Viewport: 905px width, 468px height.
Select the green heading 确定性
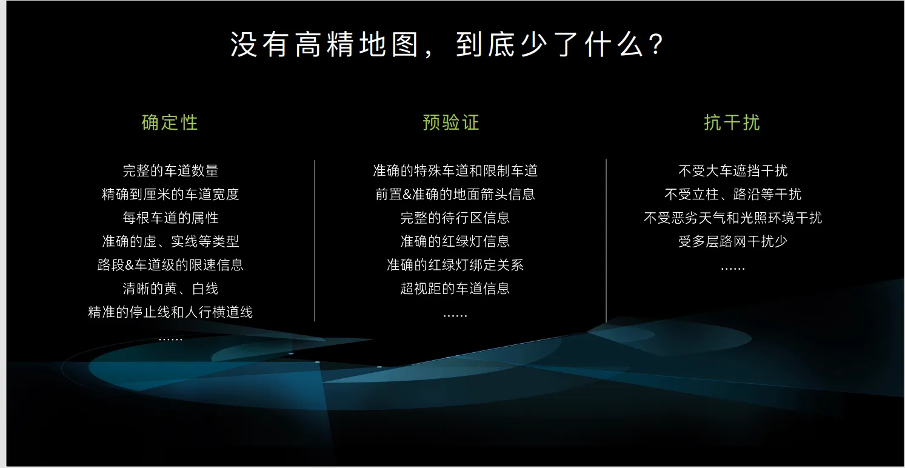170,122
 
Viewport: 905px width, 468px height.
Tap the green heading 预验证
451,122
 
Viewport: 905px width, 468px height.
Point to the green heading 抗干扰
732,122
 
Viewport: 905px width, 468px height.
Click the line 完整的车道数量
170,170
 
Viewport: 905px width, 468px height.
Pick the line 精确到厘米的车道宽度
170,195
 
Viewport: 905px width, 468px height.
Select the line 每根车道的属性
170,218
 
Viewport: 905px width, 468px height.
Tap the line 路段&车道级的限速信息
170,265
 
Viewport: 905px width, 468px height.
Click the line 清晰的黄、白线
170,289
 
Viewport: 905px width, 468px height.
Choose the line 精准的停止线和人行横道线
170,312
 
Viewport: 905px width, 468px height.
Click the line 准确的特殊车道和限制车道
455,170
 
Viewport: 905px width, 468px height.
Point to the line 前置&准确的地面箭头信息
455,195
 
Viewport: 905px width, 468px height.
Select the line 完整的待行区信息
455,218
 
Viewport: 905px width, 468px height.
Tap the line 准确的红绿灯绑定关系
455,265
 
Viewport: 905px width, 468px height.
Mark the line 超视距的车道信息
455,289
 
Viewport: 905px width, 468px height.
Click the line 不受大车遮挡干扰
733,170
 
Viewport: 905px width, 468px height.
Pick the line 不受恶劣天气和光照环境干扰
733,218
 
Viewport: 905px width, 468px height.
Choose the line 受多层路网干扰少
733,241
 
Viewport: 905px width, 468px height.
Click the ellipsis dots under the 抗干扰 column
733,269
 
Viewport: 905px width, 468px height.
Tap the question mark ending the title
658,44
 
